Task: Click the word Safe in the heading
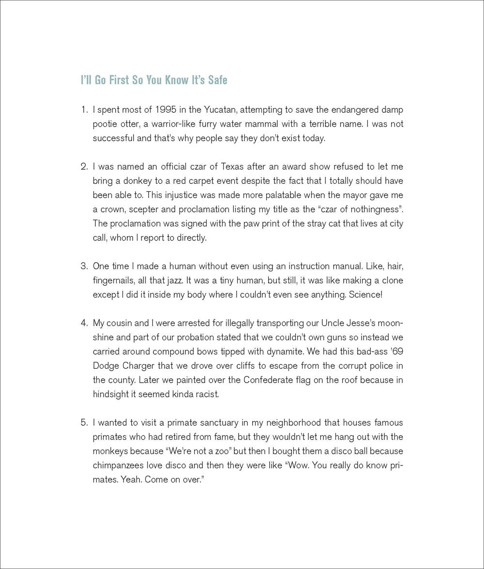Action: (217, 80)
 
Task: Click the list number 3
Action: (83, 266)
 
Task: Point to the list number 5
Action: (83, 423)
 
